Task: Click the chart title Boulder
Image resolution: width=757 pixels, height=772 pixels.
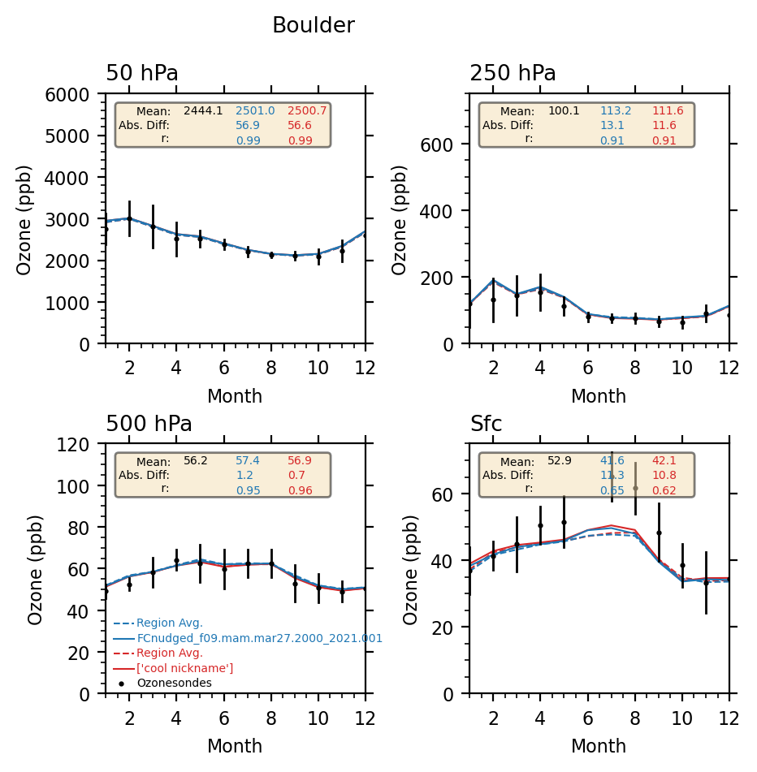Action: pos(313,26)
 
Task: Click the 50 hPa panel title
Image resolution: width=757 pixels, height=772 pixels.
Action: pos(142,74)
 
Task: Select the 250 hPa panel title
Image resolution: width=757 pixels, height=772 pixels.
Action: pos(513,74)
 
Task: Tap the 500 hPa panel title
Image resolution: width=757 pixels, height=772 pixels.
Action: pos(149,425)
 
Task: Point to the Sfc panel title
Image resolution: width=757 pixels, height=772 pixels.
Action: pos(486,425)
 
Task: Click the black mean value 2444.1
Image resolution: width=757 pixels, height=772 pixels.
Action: pos(203,111)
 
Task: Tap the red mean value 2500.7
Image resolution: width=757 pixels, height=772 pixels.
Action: pos(307,111)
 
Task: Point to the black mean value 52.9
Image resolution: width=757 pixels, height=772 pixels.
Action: pos(560,461)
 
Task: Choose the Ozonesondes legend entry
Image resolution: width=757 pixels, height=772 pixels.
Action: pos(174,683)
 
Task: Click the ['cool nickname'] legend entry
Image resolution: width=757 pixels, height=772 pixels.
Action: pos(184,668)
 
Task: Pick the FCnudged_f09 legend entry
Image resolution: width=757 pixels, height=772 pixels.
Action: pos(259,638)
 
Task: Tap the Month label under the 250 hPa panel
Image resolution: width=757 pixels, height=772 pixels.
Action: pos(599,397)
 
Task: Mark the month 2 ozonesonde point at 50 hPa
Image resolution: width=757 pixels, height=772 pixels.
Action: pos(129,218)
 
